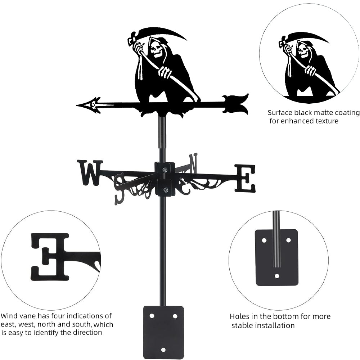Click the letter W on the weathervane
[90, 173]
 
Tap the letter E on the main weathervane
[246, 178]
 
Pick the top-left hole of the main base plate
[152, 316]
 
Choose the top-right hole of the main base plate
[175, 316]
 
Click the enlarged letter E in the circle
[50, 256]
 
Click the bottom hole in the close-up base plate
[276, 276]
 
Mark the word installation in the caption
[273, 325]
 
